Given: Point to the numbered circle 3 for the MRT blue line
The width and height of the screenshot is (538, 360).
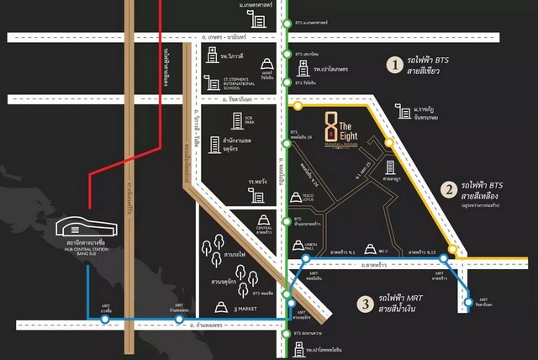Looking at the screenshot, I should [365, 304].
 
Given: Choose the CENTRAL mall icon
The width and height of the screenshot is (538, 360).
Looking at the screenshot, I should [263, 223].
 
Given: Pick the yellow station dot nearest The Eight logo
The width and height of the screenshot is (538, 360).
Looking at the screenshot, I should [296, 107].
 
